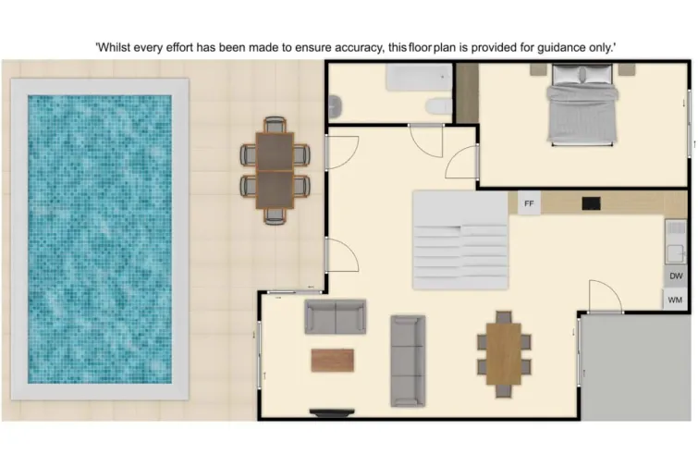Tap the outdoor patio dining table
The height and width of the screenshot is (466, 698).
click(275, 170)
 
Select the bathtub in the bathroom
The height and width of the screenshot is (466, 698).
click(418, 80)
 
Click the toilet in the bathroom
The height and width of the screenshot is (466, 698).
click(439, 106)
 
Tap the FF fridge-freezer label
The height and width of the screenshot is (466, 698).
click(529, 203)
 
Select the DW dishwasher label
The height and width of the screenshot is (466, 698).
click(676, 276)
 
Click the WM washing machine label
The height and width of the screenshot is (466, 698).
click(676, 300)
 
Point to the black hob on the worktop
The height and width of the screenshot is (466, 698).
click(591, 203)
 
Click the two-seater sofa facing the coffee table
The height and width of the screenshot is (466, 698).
click(336, 316)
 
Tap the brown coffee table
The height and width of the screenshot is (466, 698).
click(333, 360)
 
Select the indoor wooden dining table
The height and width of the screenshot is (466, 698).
click(504, 353)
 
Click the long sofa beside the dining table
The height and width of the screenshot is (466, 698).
click(407, 361)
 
